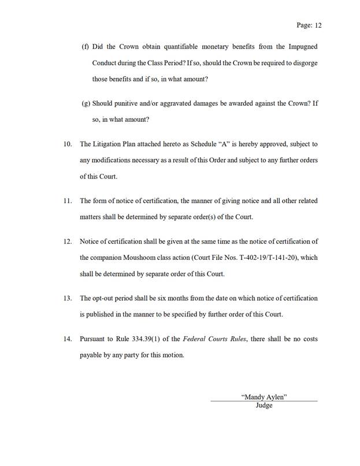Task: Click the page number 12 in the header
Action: pyautogui.click(x=317, y=26)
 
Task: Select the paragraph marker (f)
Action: pyautogui.click(x=86, y=46)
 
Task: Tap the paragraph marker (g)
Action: pyautogui.click(x=86, y=105)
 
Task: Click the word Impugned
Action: pyautogui.click(x=297, y=46)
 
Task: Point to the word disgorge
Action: pyautogui.click(x=303, y=61)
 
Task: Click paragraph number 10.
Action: pyautogui.click(x=68, y=143)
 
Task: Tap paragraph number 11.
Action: pyautogui.click(x=68, y=200)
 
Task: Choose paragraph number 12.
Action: pyautogui.click(x=68, y=241)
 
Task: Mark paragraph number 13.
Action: pyautogui.click(x=68, y=298)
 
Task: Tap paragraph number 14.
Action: pyautogui.click(x=68, y=339)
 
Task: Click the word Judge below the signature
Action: pyautogui.click(x=263, y=405)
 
